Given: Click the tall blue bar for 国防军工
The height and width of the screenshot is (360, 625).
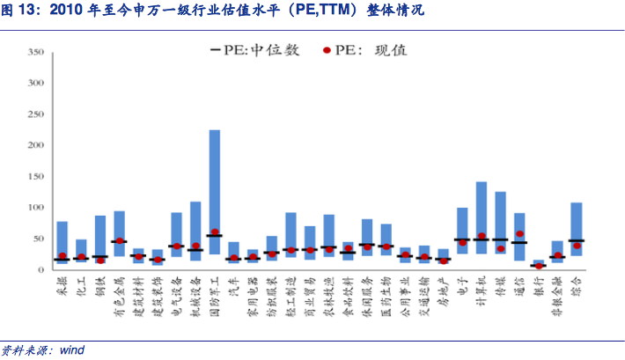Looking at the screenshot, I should click(214, 176).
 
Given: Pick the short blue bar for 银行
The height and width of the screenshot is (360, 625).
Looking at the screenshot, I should click(539, 263).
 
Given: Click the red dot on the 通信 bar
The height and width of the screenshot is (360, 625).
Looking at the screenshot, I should click(519, 234).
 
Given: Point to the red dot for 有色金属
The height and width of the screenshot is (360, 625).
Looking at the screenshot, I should click(119, 240).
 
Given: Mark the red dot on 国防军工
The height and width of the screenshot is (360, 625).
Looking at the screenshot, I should click(214, 232).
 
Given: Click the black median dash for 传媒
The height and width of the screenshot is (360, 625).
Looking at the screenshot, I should click(500, 239).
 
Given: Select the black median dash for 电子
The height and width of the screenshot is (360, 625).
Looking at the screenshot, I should click(462, 239).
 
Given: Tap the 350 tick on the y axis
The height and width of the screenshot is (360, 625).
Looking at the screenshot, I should click(36, 53).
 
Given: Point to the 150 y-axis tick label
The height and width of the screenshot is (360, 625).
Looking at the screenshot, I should click(36, 176).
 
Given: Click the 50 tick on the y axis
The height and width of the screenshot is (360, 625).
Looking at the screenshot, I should click(39, 239).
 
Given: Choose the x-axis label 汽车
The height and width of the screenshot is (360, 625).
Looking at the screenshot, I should click(232, 286).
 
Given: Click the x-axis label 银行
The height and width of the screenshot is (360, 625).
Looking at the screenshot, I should click(538, 286).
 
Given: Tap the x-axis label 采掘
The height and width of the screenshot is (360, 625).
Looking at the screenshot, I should click(62, 286).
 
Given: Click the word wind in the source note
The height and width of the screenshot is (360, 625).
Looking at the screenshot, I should click(72, 349).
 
